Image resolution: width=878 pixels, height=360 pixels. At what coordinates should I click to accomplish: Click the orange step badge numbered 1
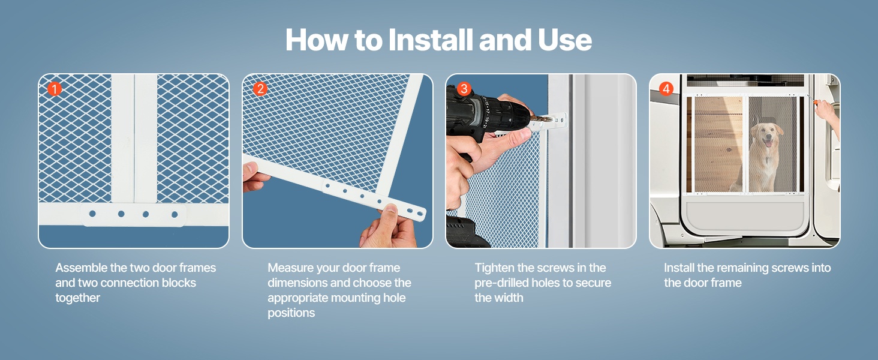pos(55,89)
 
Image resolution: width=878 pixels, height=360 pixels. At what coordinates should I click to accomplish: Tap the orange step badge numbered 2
pos(260,89)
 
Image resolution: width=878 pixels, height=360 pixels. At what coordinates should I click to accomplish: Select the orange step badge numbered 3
pos(464,89)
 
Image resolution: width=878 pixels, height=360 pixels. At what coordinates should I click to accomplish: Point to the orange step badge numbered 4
pos(666,89)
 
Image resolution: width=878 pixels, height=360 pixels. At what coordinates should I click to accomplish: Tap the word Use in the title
pos(565,40)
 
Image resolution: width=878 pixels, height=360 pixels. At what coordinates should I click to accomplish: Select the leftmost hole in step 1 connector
pos(92,214)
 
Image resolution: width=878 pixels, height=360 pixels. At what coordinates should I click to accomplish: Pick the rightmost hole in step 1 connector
pos(175,214)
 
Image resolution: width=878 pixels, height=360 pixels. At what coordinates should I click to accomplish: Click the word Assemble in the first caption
pos(82,268)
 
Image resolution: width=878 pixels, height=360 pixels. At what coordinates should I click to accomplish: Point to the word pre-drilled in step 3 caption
pos(502,283)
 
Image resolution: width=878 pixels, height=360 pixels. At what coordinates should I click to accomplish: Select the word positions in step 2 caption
pos(291,313)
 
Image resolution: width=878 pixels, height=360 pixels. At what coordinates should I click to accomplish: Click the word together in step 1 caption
pos(77,298)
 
